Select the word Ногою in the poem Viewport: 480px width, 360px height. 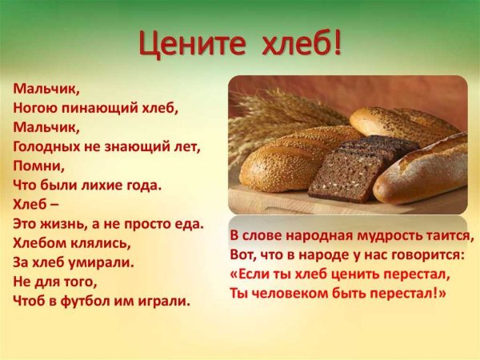(34, 106)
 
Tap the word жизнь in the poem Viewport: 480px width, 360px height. (62, 224)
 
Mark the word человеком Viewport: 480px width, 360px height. (290, 293)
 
